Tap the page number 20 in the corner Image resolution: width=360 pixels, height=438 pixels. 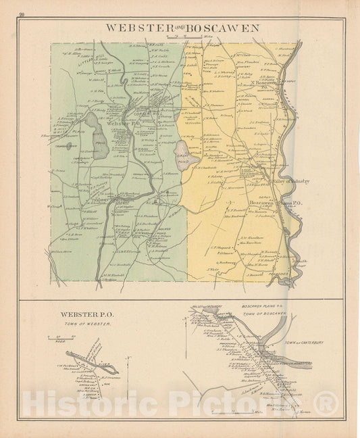point(22,14)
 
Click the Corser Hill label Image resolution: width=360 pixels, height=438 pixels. point(147,114)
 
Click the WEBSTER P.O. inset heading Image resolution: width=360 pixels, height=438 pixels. point(80,314)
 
